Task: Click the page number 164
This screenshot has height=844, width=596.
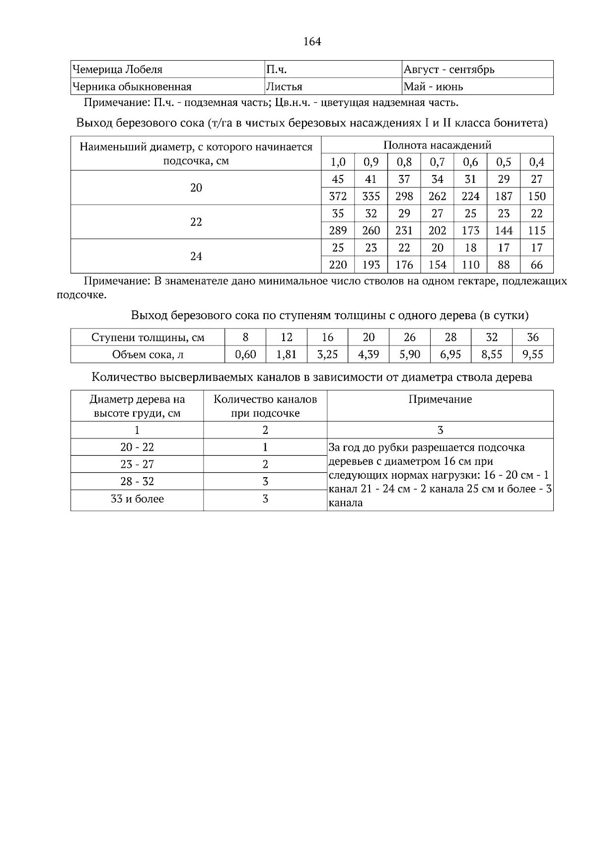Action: pos(312,42)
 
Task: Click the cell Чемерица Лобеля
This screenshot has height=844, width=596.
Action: pos(118,70)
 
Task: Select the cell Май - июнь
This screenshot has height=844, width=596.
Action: pos(433,87)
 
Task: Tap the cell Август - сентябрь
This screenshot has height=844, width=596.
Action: pos(449,70)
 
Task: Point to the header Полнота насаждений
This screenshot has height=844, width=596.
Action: pos(437,145)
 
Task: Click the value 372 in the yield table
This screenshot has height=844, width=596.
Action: pos(338,196)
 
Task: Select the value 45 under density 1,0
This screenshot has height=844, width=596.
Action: pos(338,179)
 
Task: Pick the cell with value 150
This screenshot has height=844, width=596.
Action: pos(536,196)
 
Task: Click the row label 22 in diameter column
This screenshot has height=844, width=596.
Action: pos(196,222)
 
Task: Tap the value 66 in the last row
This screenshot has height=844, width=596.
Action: pos(536,265)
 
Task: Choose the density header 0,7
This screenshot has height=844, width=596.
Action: pos(437,162)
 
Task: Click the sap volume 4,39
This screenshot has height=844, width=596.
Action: pos(369,354)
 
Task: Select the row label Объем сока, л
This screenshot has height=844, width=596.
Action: pos(148,354)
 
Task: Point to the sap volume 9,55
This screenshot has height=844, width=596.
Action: pos(532,354)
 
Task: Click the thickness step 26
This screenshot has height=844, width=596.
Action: pos(409,338)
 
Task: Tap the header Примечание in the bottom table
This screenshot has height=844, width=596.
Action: pos(440,400)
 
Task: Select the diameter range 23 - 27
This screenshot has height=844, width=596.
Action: pos(137,464)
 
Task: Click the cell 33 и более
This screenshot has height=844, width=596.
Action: pos(137,499)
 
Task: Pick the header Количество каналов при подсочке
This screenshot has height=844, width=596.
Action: pos(265,406)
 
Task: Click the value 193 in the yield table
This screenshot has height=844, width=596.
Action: pos(371,265)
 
